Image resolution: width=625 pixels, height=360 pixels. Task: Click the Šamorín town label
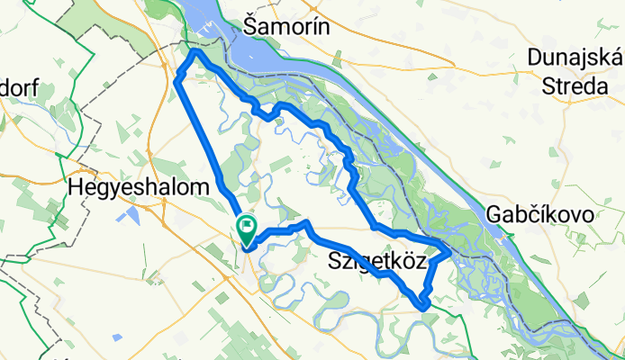[288, 26]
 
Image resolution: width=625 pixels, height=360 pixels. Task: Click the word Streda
[575, 86]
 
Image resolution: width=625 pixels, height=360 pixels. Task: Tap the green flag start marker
[245, 228]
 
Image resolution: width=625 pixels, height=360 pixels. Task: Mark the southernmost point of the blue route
[423, 308]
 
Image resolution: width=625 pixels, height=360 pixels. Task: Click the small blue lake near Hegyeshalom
[133, 215]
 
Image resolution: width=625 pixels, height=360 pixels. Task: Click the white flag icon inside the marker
[245, 225]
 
